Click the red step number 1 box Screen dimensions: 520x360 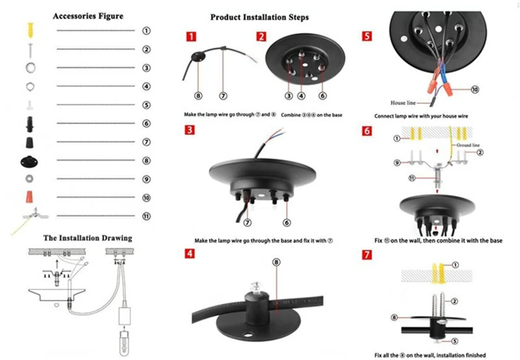pyautogui.click(x=191, y=36)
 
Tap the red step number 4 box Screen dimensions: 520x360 pyautogui.click(x=190, y=254)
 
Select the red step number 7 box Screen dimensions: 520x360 pyautogui.click(x=366, y=254)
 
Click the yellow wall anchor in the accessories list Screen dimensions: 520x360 pyautogui.click(x=30, y=30)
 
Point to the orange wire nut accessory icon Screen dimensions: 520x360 pyautogui.click(x=30, y=196)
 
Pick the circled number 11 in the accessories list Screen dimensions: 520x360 pyautogui.click(x=146, y=216)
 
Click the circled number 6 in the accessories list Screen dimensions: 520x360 pyautogui.click(x=146, y=124)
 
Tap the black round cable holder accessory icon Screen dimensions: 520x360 pyautogui.click(x=29, y=162)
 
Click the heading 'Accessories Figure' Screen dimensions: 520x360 pyautogui.click(x=88, y=16)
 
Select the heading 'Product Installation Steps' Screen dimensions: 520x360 pyautogui.click(x=259, y=17)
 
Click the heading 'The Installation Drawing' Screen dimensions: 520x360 pyautogui.click(x=88, y=238)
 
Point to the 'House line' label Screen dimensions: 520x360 pyautogui.click(x=403, y=103)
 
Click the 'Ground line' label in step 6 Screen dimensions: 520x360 pyautogui.click(x=468, y=145)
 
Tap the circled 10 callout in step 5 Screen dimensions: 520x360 pyautogui.click(x=475, y=89)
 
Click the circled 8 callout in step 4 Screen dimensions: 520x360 pyautogui.click(x=276, y=262)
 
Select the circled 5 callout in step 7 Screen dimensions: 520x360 pyautogui.click(x=455, y=341)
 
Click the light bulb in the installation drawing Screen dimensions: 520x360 pyautogui.click(x=124, y=343)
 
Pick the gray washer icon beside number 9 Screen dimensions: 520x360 pyautogui.click(x=29, y=179)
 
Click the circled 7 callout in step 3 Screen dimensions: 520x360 pyautogui.click(x=247, y=222)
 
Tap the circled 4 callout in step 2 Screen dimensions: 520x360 pyautogui.click(x=301, y=96)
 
